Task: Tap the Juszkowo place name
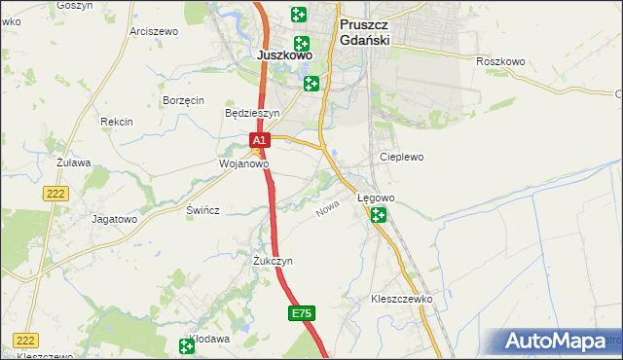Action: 285,55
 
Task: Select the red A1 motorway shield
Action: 259,142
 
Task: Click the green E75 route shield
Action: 302,313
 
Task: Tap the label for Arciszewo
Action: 154,31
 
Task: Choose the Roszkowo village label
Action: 500,61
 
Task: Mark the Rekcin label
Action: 116,122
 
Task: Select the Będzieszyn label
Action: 252,113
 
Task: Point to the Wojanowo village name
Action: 242,164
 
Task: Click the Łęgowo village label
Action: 376,198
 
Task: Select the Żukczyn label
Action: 273,262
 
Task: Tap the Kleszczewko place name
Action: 401,299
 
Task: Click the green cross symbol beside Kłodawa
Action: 187,345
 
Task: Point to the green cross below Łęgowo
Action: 378,215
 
